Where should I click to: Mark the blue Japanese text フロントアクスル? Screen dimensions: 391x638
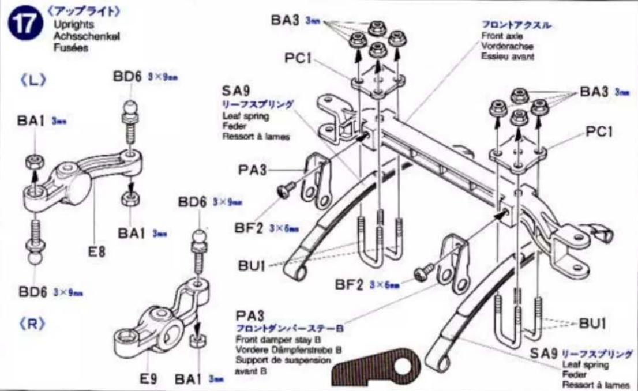[517, 26]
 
